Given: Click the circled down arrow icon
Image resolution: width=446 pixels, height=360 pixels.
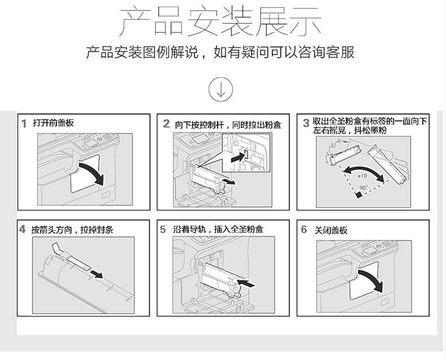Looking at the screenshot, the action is coord(221,89).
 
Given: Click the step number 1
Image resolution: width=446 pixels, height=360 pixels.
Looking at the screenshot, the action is coord(24,124).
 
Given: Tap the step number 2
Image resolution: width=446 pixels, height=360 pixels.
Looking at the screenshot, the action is coord(167,124).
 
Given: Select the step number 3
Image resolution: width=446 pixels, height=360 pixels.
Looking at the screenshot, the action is coord(306,123).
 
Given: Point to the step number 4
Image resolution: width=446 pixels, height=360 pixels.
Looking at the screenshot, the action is coord(23,229).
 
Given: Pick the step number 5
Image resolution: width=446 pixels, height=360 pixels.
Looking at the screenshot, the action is coord(163,229).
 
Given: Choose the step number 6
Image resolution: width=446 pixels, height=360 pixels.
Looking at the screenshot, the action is coord(304,229).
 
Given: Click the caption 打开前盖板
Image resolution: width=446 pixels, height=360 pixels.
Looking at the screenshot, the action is coord(53,123).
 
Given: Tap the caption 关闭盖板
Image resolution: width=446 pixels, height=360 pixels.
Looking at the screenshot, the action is coord(331,230).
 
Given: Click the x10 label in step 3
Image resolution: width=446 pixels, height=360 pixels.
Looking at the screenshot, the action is coord(362,176).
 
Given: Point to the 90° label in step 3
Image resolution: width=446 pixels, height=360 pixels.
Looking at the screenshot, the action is coord(363,188).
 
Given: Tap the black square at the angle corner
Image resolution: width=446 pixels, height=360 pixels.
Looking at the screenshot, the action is coord(359,195).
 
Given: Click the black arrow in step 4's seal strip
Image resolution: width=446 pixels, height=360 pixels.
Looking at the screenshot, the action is coord(97,274).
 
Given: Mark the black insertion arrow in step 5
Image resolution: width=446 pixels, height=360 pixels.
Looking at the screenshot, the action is coord(246,283).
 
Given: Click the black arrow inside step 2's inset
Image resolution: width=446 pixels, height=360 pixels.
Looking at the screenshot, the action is coord(237,157).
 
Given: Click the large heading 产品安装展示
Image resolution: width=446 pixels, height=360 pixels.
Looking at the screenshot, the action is coord(221,22).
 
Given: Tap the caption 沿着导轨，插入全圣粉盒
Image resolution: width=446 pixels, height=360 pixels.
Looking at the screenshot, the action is coord(218,229).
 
